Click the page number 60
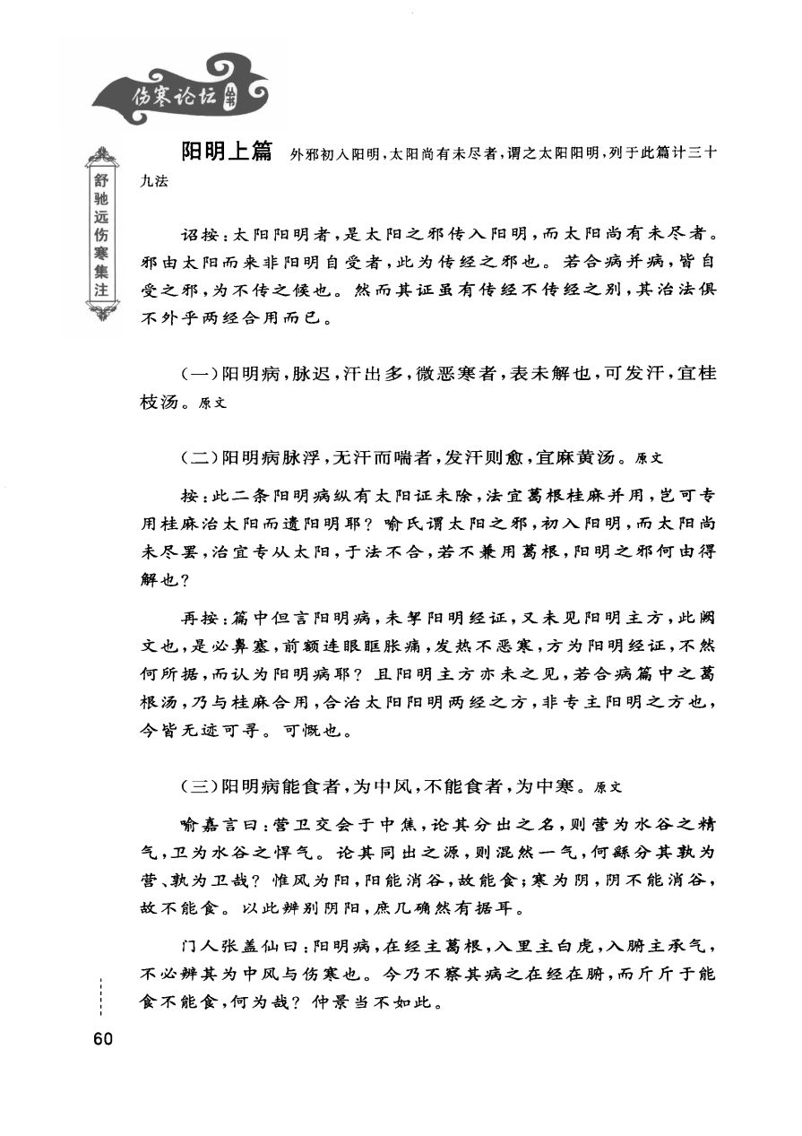pyautogui.click(x=100, y=1039)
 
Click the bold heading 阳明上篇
pyautogui.click(x=227, y=152)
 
